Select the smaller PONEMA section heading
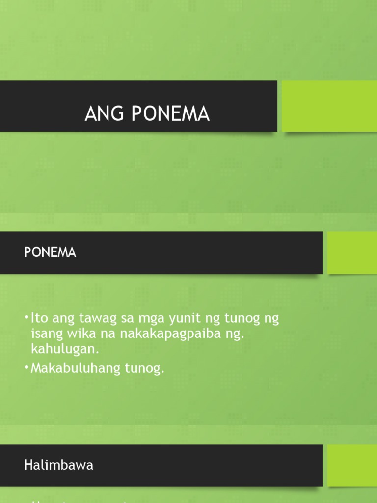[50, 252]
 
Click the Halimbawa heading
[58, 465]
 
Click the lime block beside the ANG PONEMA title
[329, 106]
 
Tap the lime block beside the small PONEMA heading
[351, 252]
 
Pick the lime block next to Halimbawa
[351, 465]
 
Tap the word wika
[73, 334]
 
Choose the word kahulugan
[62, 349]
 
